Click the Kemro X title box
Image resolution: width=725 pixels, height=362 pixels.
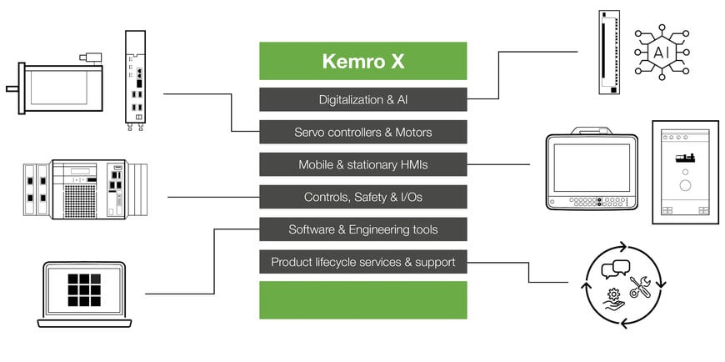(x=362, y=61)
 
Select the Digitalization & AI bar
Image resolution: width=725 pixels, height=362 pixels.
(x=362, y=99)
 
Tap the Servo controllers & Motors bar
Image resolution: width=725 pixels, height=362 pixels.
(x=362, y=132)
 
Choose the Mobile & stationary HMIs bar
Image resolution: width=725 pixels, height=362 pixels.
(x=362, y=164)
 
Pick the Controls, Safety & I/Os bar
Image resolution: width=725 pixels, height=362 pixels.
(x=362, y=197)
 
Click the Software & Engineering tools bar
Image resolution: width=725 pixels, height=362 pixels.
(x=362, y=229)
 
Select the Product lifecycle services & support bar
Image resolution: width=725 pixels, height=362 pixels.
(x=362, y=262)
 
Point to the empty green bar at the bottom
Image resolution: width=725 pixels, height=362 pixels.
(x=362, y=299)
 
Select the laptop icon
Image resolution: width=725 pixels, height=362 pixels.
(x=84, y=294)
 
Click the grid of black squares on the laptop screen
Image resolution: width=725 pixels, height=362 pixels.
(x=84, y=289)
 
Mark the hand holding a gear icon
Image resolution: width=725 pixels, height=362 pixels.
(x=612, y=298)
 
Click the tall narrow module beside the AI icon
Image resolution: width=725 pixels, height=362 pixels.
(x=609, y=52)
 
